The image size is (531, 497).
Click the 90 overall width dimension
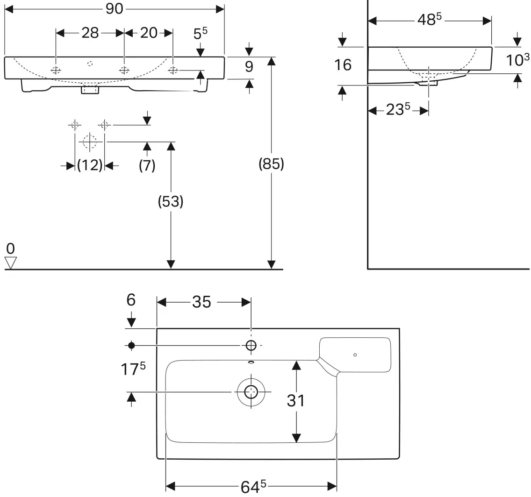(114, 9)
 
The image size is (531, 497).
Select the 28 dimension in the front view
(90, 33)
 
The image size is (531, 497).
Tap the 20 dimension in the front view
(149, 33)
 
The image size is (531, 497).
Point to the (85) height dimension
(271, 164)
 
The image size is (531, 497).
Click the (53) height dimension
(171, 201)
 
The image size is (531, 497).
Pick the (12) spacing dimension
(90, 165)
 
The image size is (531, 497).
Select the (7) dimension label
(147, 165)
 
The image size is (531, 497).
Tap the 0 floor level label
(10, 248)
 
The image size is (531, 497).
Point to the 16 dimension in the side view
(343, 65)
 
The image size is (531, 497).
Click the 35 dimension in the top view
(201, 302)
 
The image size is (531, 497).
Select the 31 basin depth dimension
(295, 401)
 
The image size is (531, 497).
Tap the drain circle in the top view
(251, 392)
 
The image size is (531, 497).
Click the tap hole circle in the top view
(251, 346)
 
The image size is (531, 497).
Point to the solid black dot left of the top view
(131, 346)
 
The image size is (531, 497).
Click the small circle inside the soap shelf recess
(355, 355)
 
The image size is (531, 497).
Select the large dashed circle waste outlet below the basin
(89, 142)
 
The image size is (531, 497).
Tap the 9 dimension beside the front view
(249, 67)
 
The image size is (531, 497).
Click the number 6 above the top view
(131, 300)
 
